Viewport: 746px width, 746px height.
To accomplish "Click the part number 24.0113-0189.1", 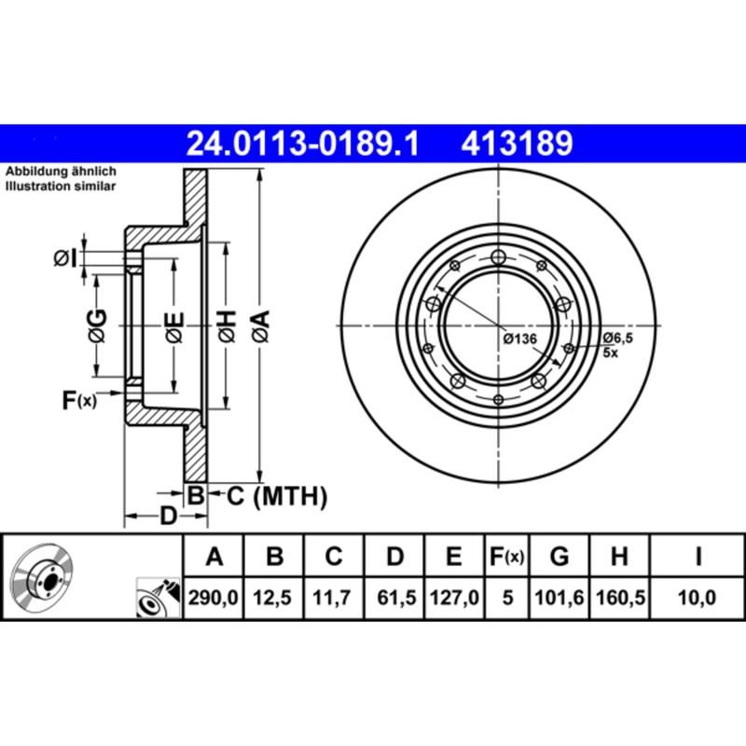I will tap(302, 144).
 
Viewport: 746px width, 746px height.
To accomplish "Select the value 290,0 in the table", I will tap(214, 597).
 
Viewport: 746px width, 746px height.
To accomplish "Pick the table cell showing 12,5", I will tap(274, 597).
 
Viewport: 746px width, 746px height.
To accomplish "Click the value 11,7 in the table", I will tap(334, 597).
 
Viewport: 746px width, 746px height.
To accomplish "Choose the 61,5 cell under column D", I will tap(394, 597).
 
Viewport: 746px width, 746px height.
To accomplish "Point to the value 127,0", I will tap(454, 597).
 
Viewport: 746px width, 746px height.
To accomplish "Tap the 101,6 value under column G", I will tap(559, 597).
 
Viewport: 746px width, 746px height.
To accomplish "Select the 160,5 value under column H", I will tap(619, 597).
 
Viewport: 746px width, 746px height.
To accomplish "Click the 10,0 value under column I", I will tap(698, 597).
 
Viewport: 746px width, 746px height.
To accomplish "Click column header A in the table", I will tap(214, 558).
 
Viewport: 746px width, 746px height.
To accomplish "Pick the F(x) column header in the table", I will tap(507, 558).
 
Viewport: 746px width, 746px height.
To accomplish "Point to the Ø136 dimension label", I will tap(519, 338).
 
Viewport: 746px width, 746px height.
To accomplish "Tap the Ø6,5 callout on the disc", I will tap(617, 337).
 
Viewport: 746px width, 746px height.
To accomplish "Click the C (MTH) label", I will tap(277, 497).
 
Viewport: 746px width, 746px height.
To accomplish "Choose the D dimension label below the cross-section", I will tap(168, 515).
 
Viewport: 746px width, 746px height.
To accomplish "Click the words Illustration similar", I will tap(61, 186).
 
